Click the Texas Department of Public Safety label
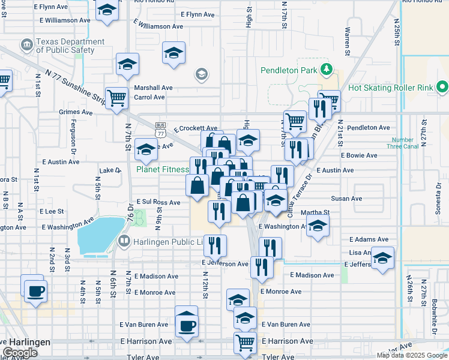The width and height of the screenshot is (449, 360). tap(70, 46)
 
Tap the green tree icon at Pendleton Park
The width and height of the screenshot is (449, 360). tap(326, 70)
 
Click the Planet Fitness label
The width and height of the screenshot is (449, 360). tap(162, 169)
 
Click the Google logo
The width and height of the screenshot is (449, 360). tap(20, 353)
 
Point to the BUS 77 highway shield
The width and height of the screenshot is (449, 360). tap(160, 130)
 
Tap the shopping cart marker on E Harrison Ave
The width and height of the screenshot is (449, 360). tap(244, 343)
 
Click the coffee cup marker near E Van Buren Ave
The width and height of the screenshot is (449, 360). tap(186, 325)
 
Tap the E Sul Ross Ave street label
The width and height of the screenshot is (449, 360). tap(158, 203)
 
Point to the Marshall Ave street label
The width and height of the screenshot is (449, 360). tap(153, 88)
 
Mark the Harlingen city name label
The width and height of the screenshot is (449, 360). tap(27, 341)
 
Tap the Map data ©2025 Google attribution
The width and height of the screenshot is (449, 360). tap(411, 355)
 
